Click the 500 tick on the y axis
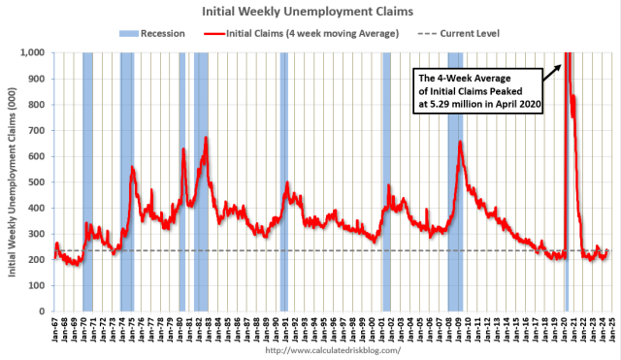click(36, 181)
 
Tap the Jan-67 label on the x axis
click(55, 327)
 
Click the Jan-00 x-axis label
click(372, 327)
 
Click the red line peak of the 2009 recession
click(459, 143)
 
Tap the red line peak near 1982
click(206, 138)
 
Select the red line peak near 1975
click(132, 168)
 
